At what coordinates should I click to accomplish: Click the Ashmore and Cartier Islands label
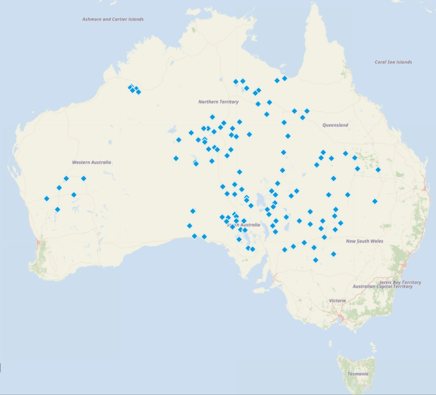[113, 19]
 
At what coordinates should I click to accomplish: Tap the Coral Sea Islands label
[393, 62]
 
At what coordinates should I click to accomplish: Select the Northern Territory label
[218, 102]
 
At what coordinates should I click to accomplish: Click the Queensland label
[335, 125]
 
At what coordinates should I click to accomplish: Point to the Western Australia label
[92, 162]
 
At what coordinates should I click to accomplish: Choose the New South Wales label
[365, 241]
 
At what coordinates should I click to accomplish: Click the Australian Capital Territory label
[383, 286]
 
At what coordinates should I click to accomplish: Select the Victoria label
[338, 300]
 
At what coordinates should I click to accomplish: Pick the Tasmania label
[358, 374]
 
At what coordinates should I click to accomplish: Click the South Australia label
[243, 225]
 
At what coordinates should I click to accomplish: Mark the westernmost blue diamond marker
[47, 198]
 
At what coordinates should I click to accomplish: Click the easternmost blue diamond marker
[378, 170]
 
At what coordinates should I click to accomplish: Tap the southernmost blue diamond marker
[315, 260]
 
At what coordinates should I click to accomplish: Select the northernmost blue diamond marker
[285, 78]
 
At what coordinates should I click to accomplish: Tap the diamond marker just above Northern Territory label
[247, 88]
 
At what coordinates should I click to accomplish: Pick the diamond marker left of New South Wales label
[324, 237]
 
